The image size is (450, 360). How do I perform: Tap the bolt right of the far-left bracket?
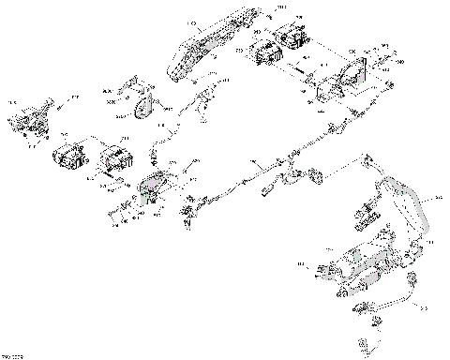[63, 110]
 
